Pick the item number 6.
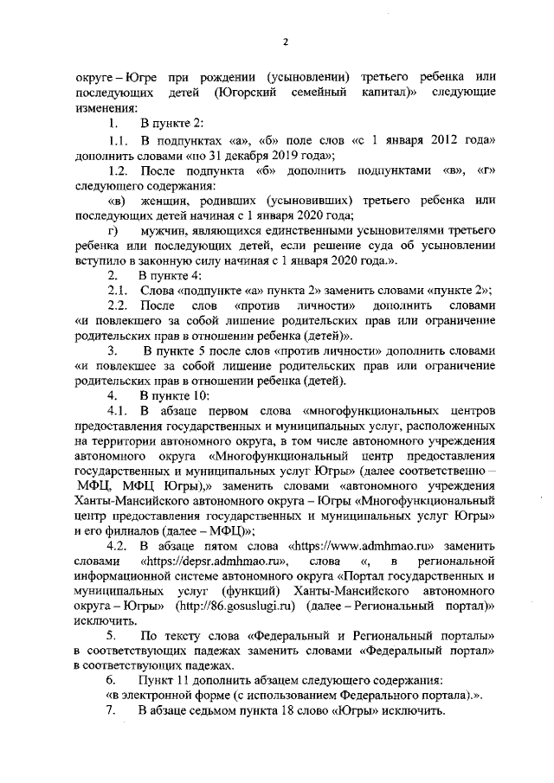(x=111, y=680)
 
